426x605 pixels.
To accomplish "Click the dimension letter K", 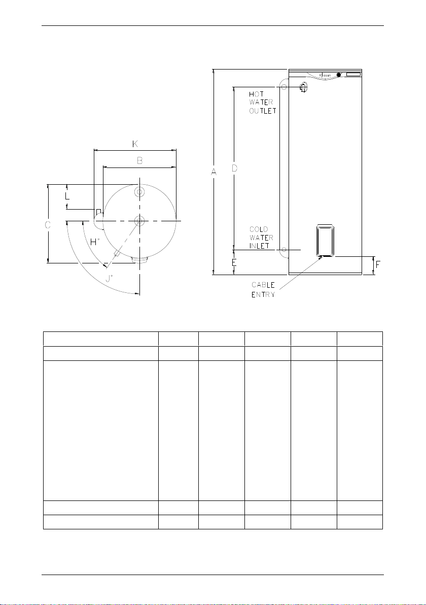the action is pos(135,144).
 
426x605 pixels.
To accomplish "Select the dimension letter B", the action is pos(140,160).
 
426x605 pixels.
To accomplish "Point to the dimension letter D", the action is pos(234,168).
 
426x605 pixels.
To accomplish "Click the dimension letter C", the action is pos(48,224).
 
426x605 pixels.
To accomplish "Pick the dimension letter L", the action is pos(67,195).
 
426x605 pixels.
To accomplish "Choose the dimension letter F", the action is pos(378,265).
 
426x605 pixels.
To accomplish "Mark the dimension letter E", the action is pos(234,263).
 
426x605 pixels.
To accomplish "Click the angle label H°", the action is pos(95,242).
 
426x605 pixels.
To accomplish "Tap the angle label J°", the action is pos(110,278).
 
